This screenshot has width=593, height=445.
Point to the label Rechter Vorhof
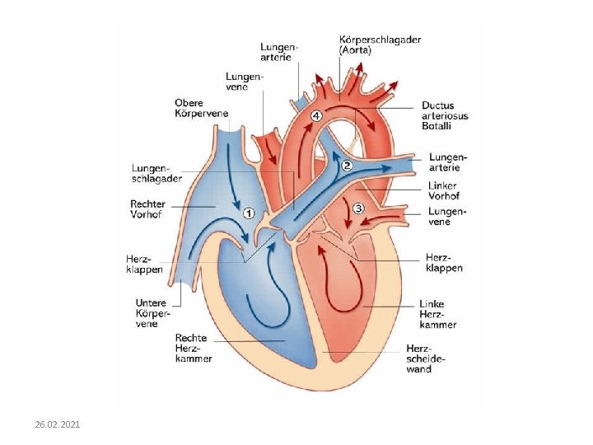pyautogui.click(x=148, y=208)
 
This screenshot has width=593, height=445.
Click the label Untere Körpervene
pyautogui.click(x=152, y=314)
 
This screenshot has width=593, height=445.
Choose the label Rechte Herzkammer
pyautogui.click(x=194, y=348)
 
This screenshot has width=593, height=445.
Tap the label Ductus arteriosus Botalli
pyautogui.click(x=445, y=116)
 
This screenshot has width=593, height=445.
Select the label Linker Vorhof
pyautogui.click(x=443, y=191)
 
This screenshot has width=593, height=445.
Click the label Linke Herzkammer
pyautogui.click(x=437, y=314)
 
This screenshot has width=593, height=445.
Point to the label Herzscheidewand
pyautogui.click(x=426, y=359)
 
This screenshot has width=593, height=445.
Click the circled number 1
pyautogui.click(x=250, y=213)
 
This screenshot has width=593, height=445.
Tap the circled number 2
pyautogui.click(x=347, y=166)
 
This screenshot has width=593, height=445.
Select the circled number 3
pyautogui.click(x=358, y=208)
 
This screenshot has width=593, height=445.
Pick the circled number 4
pyautogui.click(x=317, y=116)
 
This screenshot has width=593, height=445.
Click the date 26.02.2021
pyautogui.click(x=58, y=424)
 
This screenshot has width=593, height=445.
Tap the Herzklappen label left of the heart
pyautogui.click(x=144, y=264)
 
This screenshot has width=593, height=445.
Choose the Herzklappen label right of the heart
pyautogui.click(x=444, y=262)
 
